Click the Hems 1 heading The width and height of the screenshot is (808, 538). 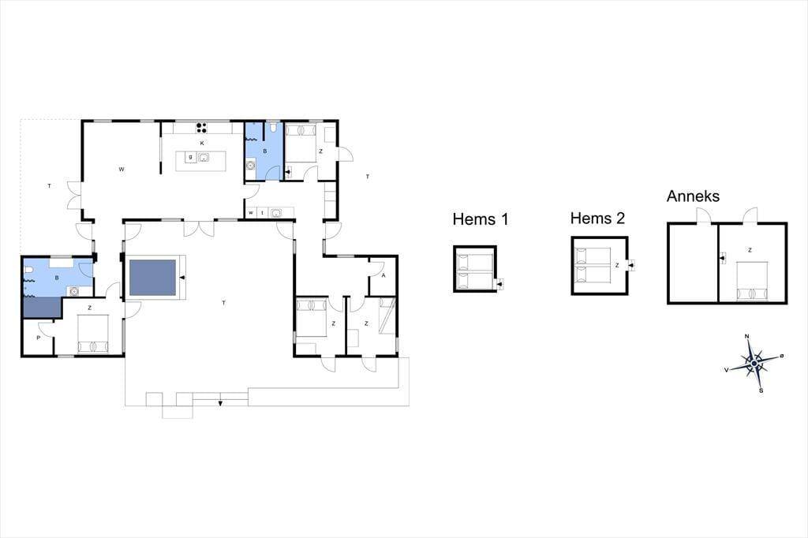[481, 219]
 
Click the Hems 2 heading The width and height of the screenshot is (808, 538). [597, 219]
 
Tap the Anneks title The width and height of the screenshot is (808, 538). [693, 196]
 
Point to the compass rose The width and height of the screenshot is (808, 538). [754, 364]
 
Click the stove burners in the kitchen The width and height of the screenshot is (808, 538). [201, 127]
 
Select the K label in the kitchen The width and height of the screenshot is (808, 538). [202, 144]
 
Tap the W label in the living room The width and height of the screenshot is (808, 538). [122, 169]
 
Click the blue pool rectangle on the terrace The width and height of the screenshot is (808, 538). [152, 278]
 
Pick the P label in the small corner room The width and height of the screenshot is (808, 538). [38, 338]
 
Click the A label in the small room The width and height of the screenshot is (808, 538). [383, 275]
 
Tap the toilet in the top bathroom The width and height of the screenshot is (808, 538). [273, 127]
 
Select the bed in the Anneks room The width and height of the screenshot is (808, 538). [752, 281]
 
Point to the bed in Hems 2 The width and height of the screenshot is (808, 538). [593, 266]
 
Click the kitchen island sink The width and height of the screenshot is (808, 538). [203, 157]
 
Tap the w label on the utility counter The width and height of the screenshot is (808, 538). [251, 212]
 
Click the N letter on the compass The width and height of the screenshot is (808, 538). [747, 337]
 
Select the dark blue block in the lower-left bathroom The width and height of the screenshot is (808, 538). [43, 307]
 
